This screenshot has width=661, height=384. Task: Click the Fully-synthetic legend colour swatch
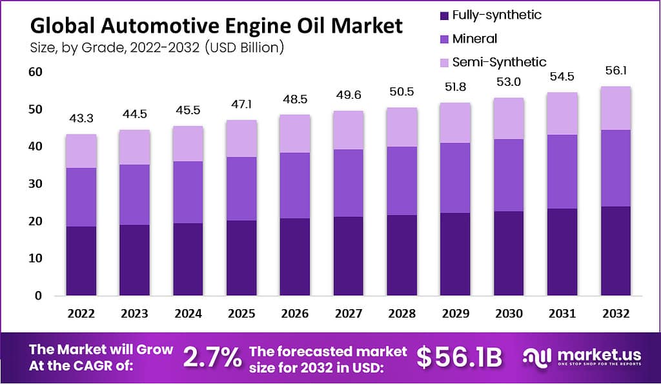[443, 15]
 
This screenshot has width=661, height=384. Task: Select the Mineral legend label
[474, 39]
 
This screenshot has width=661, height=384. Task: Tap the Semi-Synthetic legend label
[499, 62]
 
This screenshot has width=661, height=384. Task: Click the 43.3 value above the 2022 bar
[81, 119]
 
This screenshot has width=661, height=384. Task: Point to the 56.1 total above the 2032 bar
[615, 72]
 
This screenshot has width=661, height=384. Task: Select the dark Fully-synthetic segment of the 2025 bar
[241, 258]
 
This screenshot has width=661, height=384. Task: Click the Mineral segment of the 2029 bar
[456, 177]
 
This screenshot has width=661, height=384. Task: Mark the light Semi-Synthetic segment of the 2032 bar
[615, 108]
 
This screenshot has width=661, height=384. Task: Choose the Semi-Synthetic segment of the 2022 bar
[81, 151]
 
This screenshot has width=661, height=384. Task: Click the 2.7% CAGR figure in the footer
[213, 357]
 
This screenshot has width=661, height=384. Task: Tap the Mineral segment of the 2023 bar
[134, 195]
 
